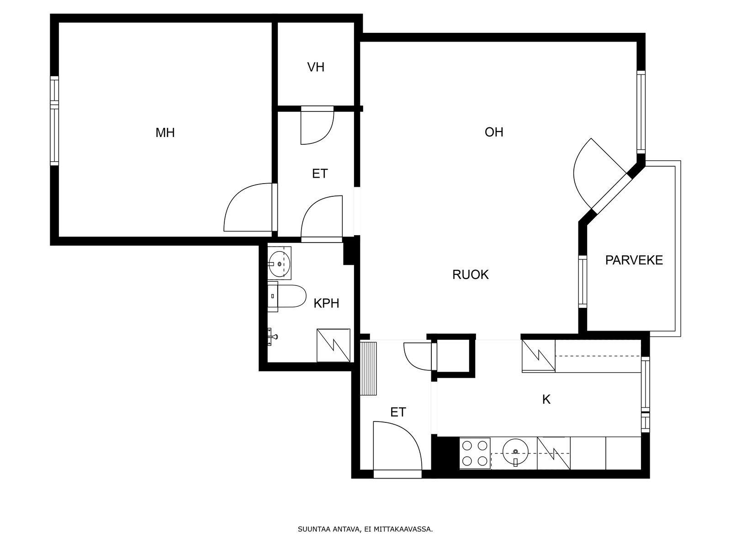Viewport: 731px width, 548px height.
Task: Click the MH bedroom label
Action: click(x=165, y=133)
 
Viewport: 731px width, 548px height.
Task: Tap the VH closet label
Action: click(x=316, y=67)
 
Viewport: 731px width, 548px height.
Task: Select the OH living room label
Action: click(x=493, y=132)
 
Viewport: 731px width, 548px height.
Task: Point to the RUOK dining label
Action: click(x=470, y=274)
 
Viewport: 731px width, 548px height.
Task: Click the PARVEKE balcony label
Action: click(x=634, y=260)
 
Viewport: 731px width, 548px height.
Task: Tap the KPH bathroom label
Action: click(x=326, y=303)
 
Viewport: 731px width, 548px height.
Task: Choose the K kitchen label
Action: click(x=546, y=399)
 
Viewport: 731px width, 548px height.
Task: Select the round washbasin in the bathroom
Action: click(x=280, y=264)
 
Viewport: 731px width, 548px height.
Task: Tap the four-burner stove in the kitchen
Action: click(x=475, y=453)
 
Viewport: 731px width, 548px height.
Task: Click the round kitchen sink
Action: click(x=515, y=452)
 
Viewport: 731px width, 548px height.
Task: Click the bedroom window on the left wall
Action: click(x=54, y=121)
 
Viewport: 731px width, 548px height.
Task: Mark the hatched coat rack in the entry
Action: click(x=369, y=369)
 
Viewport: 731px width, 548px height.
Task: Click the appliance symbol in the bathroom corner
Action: click(x=334, y=345)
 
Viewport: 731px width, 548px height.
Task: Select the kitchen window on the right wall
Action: click(x=646, y=395)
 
